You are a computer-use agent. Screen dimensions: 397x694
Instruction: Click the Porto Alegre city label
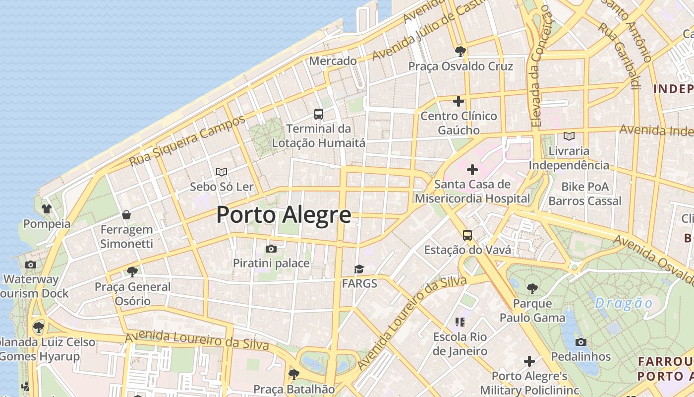284,215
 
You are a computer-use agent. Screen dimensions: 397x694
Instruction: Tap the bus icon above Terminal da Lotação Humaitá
319,114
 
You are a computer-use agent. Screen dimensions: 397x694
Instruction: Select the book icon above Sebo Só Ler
222,172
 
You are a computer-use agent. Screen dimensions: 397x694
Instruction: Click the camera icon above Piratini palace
271,249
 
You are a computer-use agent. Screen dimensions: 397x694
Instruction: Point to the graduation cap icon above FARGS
359,269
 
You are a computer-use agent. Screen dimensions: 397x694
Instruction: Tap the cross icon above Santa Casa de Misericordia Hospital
472,170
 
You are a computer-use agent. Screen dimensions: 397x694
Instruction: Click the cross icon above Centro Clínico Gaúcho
459,101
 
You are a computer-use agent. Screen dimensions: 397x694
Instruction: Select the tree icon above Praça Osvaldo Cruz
460,51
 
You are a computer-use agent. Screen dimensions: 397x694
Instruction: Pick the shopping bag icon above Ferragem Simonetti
126,215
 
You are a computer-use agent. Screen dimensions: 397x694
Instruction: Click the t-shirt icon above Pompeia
47,209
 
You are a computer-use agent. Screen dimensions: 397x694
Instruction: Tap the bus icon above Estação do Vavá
467,235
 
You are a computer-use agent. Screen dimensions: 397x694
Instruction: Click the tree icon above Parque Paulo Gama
532,288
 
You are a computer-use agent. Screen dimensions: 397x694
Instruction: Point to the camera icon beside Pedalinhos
581,342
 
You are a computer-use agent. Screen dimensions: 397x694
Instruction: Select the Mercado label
333,61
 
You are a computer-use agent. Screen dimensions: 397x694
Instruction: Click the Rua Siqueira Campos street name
187,141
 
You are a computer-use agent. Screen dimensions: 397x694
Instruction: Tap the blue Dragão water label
624,303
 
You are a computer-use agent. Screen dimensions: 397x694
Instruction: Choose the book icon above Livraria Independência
569,136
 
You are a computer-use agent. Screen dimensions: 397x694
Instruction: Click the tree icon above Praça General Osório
132,271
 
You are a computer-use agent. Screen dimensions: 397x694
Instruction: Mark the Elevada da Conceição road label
539,69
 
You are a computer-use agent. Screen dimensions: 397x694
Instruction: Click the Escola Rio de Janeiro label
460,344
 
